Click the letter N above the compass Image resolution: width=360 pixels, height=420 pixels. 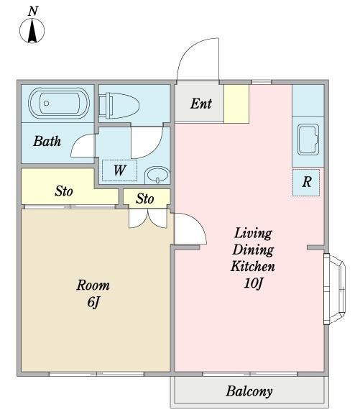(32, 12)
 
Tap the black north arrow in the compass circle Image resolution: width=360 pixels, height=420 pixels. (32, 31)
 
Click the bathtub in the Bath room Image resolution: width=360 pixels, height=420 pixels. (59, 103)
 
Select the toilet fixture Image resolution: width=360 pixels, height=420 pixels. (119, 106)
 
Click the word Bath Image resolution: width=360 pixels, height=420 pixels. (47, 141)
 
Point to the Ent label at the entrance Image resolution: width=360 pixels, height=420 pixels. (201, 104)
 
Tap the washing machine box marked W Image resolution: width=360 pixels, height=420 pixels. (120, 170)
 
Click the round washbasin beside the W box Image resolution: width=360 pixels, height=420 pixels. (157, 175)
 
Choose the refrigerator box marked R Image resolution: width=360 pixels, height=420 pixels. (306, 183)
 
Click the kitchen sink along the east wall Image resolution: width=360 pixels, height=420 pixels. (308, 140)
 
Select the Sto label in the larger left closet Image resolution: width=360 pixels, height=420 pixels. (64, 191)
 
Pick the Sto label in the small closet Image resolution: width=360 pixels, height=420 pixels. (145, 198)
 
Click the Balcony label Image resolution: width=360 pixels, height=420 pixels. (249, 391)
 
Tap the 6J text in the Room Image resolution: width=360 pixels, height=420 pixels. (93, 303)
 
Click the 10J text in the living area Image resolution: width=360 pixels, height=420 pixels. (254, 283)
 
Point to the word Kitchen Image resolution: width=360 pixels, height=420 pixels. (253, 267)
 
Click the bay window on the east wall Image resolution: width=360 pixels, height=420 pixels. (335, 289)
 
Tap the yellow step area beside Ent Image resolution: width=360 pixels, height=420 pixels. (236, 104)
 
